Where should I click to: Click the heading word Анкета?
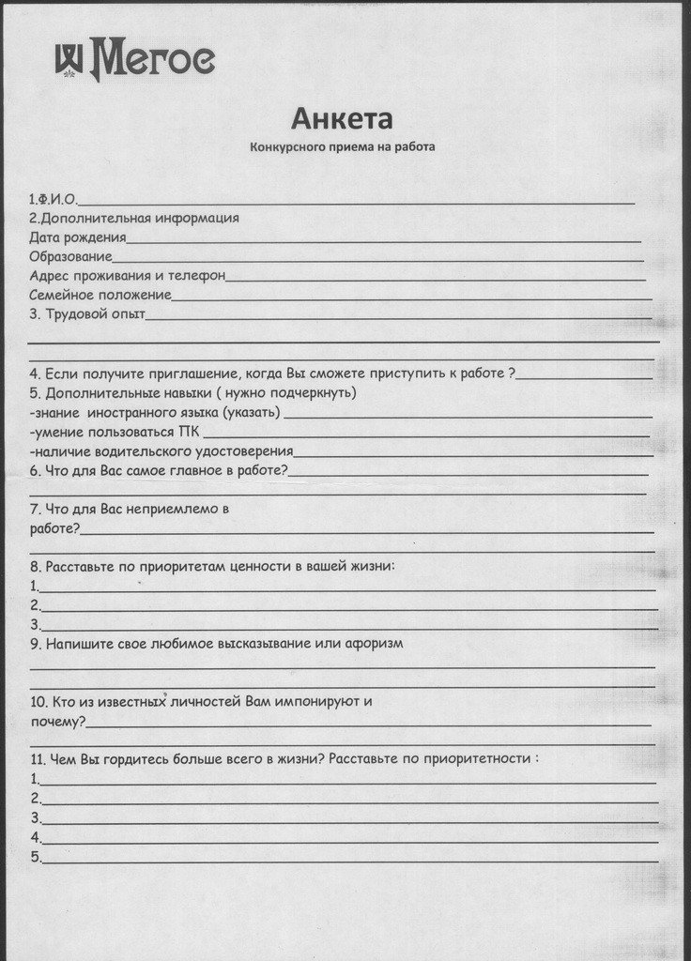[341, 119]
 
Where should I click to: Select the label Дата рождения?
[77, 237]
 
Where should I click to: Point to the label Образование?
[70, 256]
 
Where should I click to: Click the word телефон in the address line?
[198, 276]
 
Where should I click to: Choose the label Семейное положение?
[100, 295]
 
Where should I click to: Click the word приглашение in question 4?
[200, 372]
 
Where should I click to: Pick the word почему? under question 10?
[57, 722]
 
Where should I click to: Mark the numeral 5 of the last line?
[34, 857]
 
